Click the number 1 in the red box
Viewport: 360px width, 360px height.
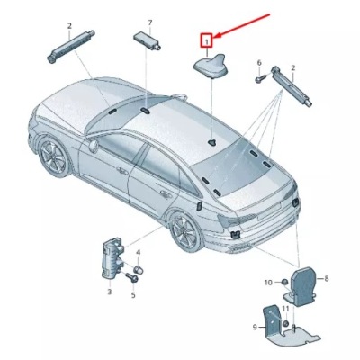click(x=207, y=40)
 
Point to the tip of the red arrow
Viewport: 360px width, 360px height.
click(x=214, y=35)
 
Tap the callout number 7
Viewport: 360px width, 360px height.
click(x=150, y=22)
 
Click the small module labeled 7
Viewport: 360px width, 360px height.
click(x=148, y=40)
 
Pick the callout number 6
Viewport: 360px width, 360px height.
click(x=258, y=64)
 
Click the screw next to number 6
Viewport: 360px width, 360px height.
click(x=257, y=79)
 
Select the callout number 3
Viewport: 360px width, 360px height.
click(x=109, y=292)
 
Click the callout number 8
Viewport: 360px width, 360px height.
click(x=326, y=279)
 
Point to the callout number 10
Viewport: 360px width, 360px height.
click(x=268, y=283)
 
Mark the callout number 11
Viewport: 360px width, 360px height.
click(x=286, y=309)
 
